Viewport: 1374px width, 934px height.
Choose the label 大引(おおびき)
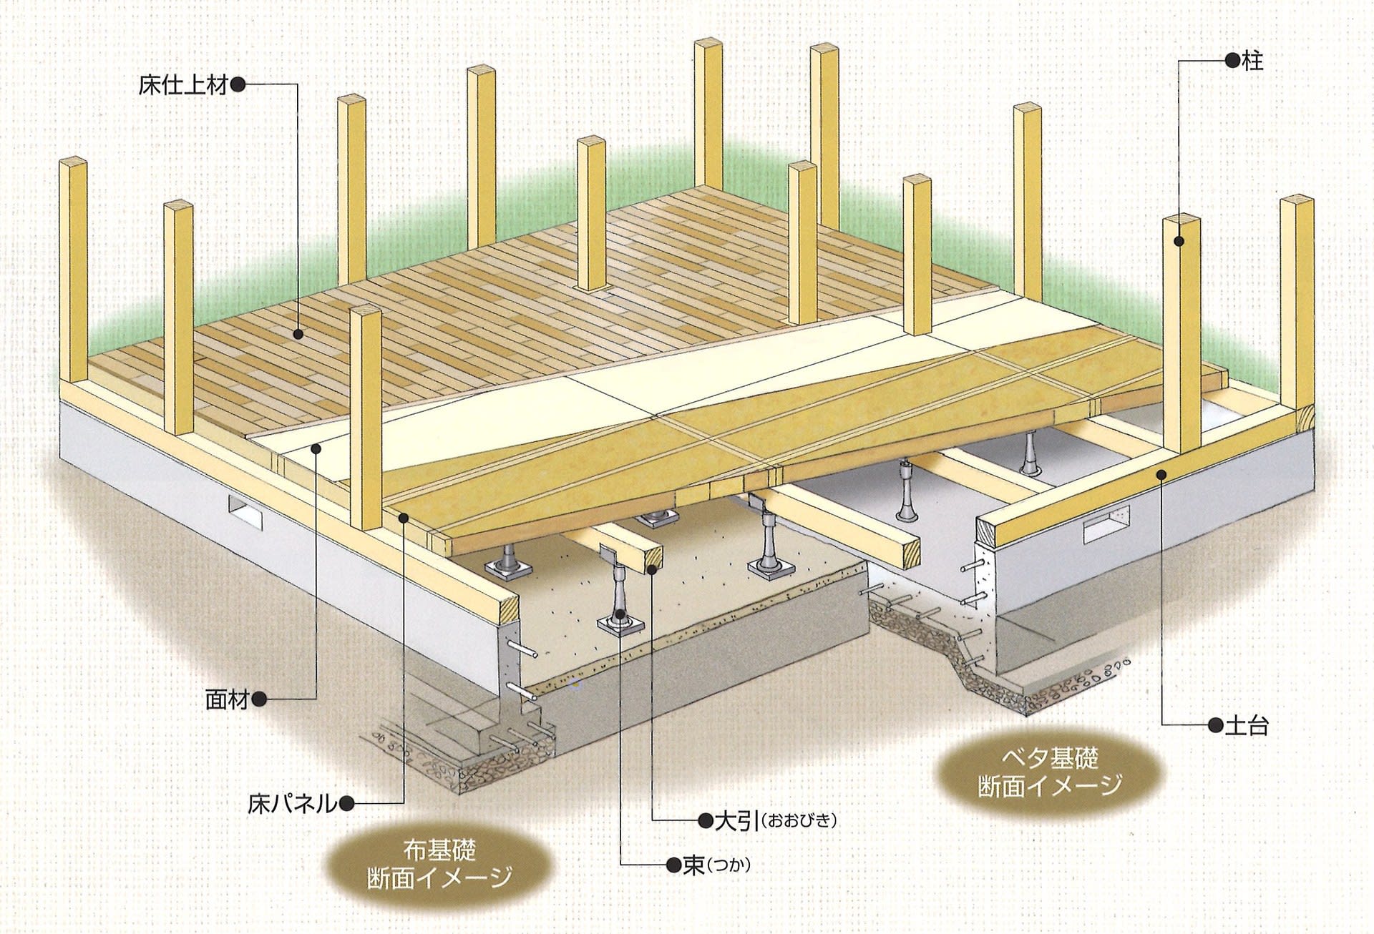point(776,820)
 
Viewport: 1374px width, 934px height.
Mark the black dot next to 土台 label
point(1214,726)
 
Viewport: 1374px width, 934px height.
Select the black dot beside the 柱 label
point(1232,61)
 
